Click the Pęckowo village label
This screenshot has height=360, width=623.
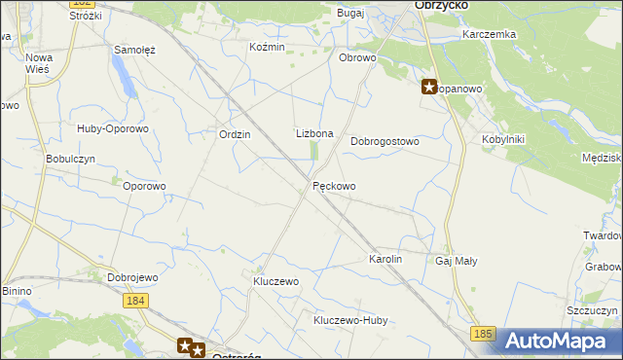(x=334, y=186)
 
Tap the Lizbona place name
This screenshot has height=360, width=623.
(x=314, y=133)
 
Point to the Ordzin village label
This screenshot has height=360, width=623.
(x=236, y=135)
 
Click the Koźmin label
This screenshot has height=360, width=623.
(x=267, y=47)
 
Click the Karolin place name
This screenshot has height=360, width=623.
(x=385, y=261)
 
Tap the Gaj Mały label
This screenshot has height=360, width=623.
(x=457, y=262)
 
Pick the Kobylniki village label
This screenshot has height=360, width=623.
(x=503, y=139)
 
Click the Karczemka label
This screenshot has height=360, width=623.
(x=490, y=34)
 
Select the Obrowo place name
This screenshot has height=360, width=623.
(x=357, y=57)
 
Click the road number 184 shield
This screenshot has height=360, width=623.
(x=136, y=302)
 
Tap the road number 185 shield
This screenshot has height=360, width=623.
(x=484, y=335)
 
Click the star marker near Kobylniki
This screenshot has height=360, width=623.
(x=429, y=87)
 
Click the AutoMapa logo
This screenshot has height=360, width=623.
(x=560, y=342)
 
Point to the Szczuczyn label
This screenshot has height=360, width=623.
(x=593, y=310)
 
